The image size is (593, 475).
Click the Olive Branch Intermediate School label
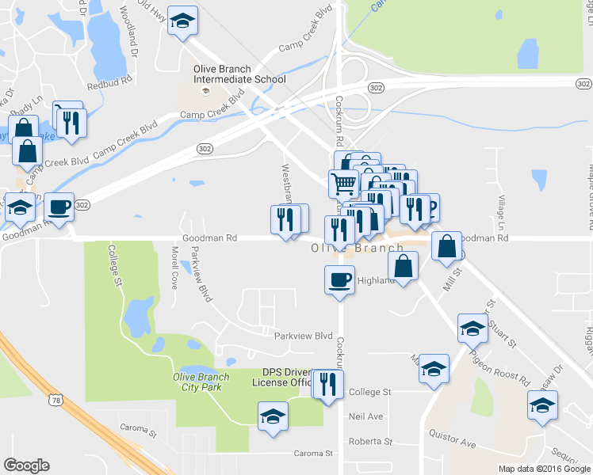coord(239,74)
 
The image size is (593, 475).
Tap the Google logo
coord(26,466)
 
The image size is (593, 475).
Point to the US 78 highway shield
coord(55,402)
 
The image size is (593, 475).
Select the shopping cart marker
coord(343,184)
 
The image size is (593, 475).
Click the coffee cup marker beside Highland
coord(340,280)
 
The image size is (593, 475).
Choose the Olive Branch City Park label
coord(197,382)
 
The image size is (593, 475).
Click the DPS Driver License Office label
coord(283,378)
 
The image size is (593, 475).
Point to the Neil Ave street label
coord(365,416)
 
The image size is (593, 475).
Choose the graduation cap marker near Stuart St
coord(472,328)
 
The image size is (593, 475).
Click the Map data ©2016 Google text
coord(543,469)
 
